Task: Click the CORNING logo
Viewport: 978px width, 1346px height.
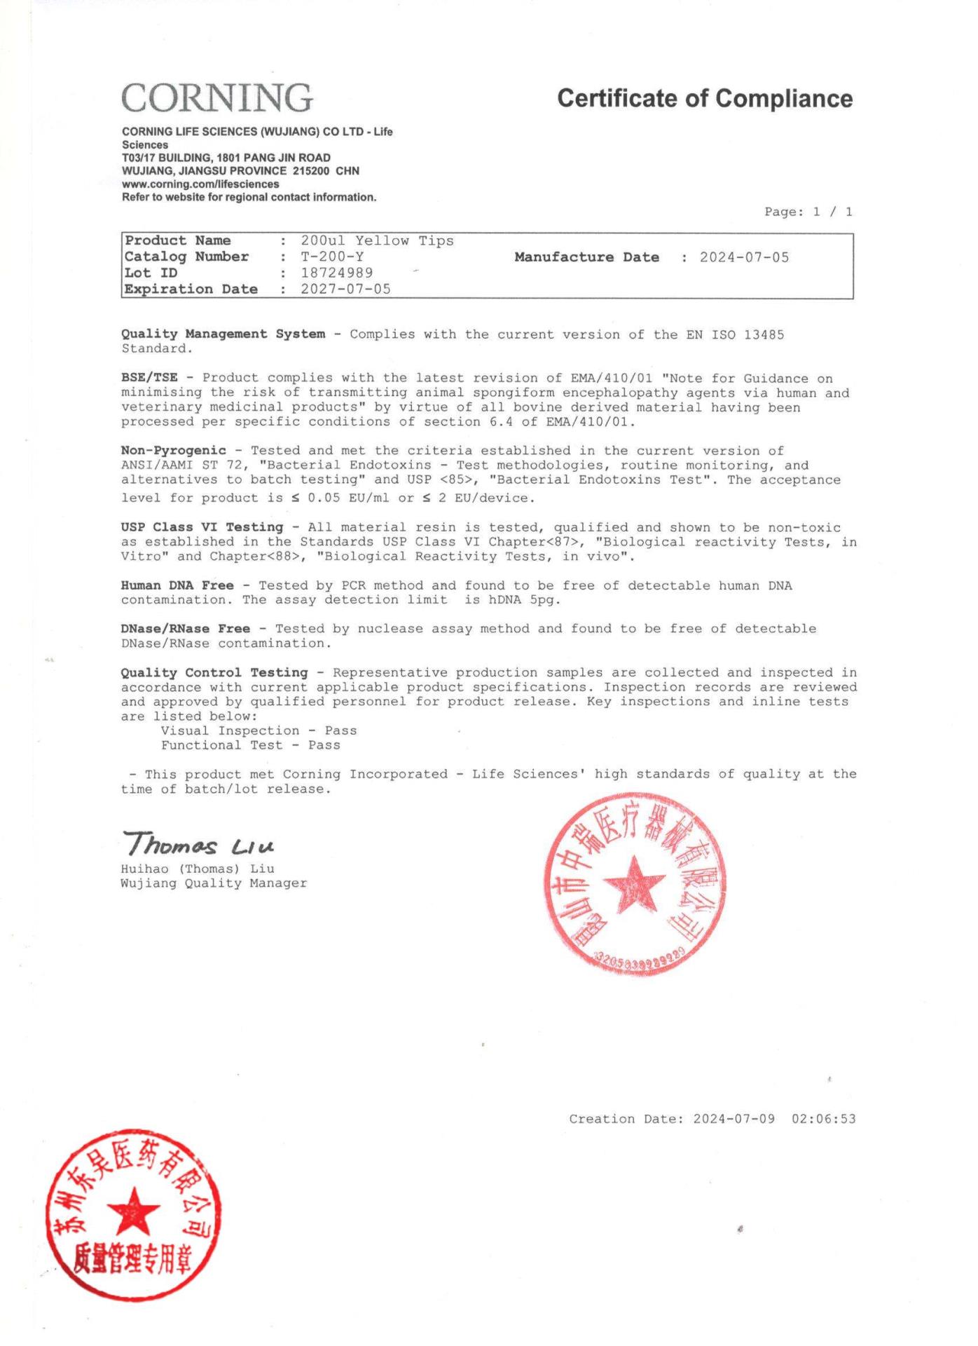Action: pyautogui.click(x=217, y=97)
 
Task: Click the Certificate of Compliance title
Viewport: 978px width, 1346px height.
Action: pyautogui.click(x=705, y=99)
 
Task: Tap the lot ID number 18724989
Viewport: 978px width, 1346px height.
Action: pyautogui.click(x=337, y=273)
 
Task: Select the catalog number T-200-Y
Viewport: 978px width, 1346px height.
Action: pyautogui.click(x=332, y=257)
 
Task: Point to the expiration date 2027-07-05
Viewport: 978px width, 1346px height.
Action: pyautogui.click(x=346, y=289)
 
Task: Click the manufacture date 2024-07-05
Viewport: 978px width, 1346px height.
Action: pyautogui.click(x=744, y=257)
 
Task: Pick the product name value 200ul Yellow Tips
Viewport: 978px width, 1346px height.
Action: pyautogui.click(x=377, y=240)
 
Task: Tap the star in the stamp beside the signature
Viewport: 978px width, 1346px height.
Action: pyautogui.click(x=634, y=885)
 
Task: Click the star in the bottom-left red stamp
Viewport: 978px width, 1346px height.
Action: pyautogui.click(x=133, y=1211)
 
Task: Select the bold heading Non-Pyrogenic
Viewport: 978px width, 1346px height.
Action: pyautogui.click(x=174, y=451)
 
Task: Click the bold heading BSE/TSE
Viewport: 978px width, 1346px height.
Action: pyautogui.click(x=149, y=378)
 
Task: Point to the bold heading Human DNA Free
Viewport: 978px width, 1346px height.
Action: pyautogui.click(x=177, y=585)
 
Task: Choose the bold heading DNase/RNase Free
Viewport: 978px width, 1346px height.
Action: pyautogui.click(x=185, y=629)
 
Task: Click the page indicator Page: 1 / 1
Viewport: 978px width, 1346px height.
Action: pyautogui.click(x=808, y=212)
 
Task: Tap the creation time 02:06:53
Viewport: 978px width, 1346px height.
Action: pyautogui.click(x=824, y=1119)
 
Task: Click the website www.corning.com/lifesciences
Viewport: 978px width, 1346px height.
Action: pyautogui.click(x=200, y=184)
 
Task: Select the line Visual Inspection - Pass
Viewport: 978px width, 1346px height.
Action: pyautogui.click(x=259, y=730)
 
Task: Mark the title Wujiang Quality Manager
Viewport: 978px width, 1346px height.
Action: pyautogui.click(x=214, y=883)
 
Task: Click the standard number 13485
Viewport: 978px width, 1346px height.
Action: pyautogui.click(x=764, y=334)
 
